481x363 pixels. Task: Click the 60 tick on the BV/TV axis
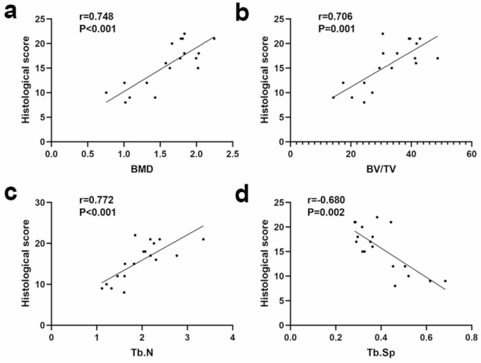pyautogui.click(x=471, y=153)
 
